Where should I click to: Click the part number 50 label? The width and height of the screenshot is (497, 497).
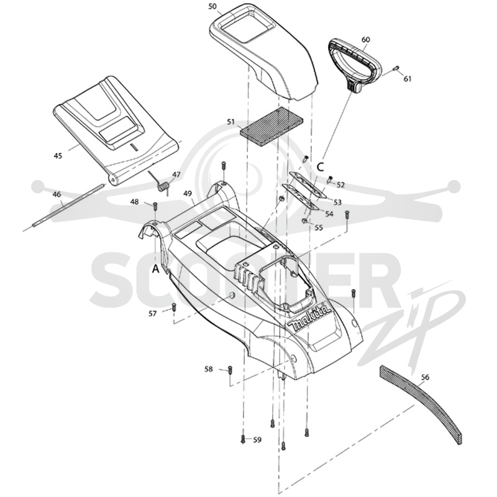click(x=212, y=6)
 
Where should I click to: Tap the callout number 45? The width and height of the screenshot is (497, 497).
click(x=58, y=156)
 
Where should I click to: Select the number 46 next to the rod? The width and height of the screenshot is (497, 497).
click(x=57, y=194)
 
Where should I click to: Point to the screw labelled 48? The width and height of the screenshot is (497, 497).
click(x=155, y=206)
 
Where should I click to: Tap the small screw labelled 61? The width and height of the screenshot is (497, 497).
click(x=396, y=68)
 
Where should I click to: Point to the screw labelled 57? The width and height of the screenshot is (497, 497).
click(x=174, y=307)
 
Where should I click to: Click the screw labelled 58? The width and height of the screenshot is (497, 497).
click(x=230, y=370)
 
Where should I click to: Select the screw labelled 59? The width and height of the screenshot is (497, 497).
click(x=243, y=440)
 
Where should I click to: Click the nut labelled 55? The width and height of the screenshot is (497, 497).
click(x=304, y=221)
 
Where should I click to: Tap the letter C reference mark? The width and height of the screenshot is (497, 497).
click(x=321, y=167)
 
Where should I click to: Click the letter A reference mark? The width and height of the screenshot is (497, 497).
click(x=156, y=269)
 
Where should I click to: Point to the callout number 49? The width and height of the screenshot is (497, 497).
click(x=188, y=193)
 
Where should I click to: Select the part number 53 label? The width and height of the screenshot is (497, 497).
click(x=337, y=203)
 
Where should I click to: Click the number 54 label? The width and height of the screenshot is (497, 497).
click(x=329, y=214)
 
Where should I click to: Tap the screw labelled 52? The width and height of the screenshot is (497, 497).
click(x=330, y=180)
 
